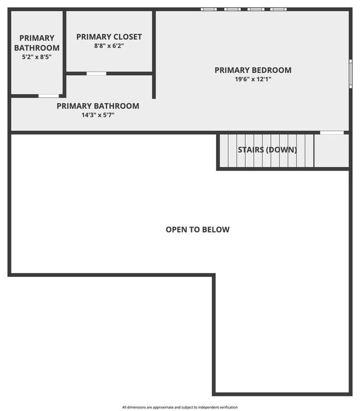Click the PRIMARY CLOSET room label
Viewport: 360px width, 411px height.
pos(109,37)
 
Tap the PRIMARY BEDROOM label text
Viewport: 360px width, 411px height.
pos(253,70)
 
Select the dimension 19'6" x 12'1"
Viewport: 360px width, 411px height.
pos(253,79)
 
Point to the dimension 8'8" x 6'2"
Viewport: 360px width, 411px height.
pos(109,46)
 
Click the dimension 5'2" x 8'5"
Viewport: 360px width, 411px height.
pos(37,56)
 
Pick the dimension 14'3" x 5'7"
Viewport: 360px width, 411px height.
pos(98,115)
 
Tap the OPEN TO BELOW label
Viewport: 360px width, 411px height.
pos(197,229)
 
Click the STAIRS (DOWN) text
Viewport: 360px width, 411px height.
pos(267,150)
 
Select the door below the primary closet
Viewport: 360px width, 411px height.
pos(96,73)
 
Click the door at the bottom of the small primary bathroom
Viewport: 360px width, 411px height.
pos(48,96)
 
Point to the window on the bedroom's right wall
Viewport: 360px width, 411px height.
pos(350,73)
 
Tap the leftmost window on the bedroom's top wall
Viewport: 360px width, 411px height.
pos(208,9)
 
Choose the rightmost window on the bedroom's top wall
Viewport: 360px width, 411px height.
pos(278,9)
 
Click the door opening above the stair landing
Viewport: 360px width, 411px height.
pos(332,132)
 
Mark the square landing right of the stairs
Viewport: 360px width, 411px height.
pos(331,150)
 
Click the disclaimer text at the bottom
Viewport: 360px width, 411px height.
pos(180,407)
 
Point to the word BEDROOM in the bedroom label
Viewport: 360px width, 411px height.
pos(271,70)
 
